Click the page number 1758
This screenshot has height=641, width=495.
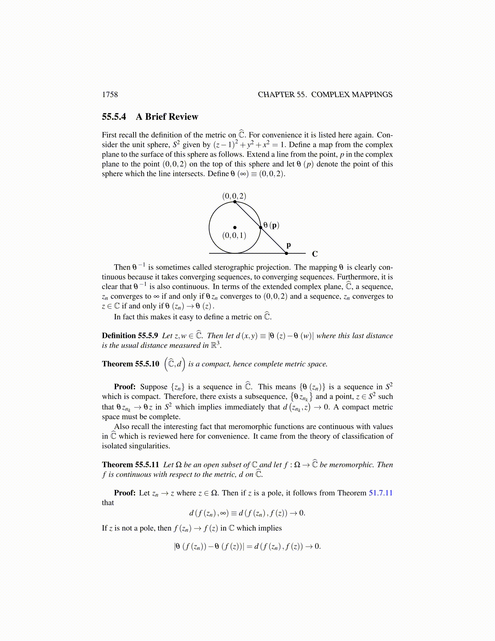pos(110,95)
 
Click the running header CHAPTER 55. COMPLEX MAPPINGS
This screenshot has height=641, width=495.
pos(325,95)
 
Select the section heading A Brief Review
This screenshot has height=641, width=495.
pos(167,117)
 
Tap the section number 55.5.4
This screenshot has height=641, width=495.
pos(114,117)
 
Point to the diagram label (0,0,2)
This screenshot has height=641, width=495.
pos(234,196)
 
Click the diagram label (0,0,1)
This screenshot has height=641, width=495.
pos(234,236)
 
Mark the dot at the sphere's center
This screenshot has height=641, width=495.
pos(235,227)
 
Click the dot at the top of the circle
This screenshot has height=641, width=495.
pos(235,202)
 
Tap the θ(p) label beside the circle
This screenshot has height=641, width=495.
pos(271,225)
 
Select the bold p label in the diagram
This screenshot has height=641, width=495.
pos(289,245)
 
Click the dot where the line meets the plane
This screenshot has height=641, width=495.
pos(286,253)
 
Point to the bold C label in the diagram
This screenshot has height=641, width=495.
pos(315,254)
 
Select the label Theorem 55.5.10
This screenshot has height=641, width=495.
pos(131,364)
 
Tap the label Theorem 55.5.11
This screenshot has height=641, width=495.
pos(131,465)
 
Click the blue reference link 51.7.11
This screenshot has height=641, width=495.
pos(381,493)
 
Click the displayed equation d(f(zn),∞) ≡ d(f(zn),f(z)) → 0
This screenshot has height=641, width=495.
pos(247,514)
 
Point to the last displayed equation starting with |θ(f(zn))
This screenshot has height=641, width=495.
pos(247,547)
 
